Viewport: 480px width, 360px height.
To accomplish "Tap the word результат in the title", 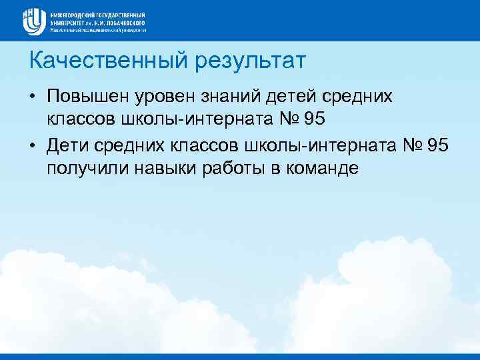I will pos(250,63).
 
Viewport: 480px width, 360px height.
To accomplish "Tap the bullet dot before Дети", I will pos(33,145).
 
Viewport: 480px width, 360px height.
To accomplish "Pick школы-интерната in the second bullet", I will pos(318,144).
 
